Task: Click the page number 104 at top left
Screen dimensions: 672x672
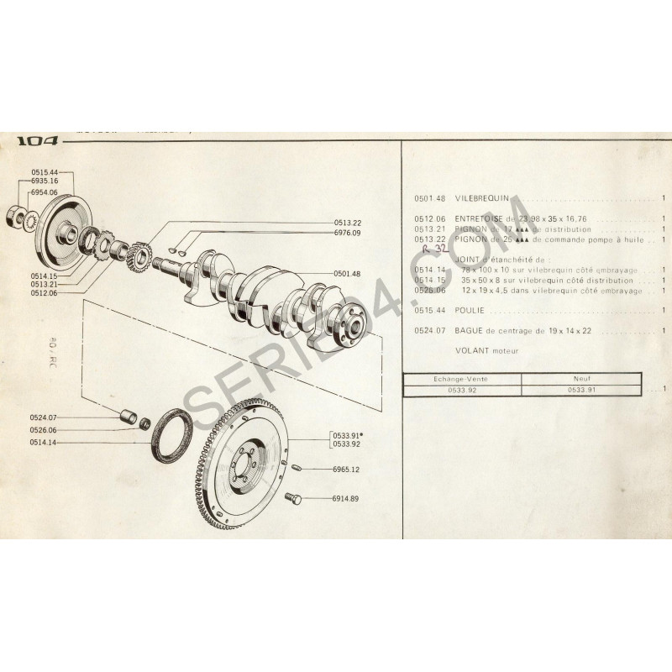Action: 38,142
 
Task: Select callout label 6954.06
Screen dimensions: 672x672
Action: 44,192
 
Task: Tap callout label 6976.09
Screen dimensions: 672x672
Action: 347,233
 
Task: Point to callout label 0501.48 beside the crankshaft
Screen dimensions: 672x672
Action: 347,273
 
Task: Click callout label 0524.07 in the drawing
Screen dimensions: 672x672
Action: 42,417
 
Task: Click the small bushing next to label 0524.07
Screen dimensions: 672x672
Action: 129,416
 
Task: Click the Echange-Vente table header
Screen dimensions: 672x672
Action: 462,380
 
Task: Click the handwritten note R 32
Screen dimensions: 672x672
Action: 433,249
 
